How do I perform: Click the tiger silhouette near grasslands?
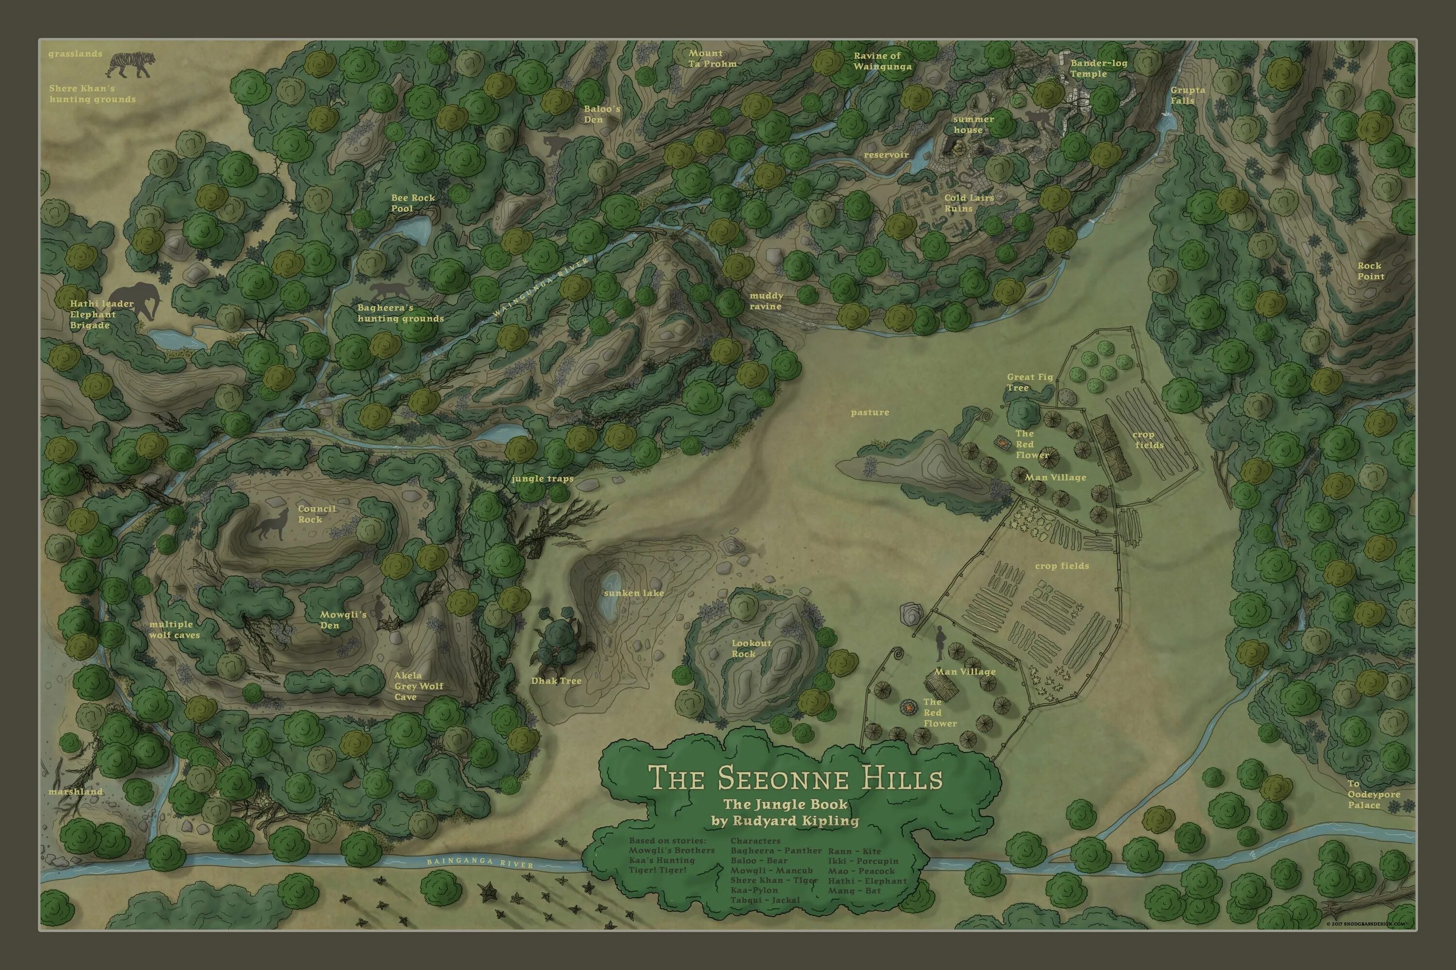(131, 65)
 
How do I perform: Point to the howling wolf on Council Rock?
(270, 525)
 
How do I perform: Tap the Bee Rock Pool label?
(412, 203)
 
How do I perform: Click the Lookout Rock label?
(751, 648)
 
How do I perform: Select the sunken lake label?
(633, 593)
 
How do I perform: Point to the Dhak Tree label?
(556, 681)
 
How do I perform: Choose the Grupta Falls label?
(1187, 95)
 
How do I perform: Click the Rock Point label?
(1371, 271)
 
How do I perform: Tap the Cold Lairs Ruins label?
(968, 203)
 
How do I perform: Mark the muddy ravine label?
(766, 301)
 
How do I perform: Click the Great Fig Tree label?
(1029, 382)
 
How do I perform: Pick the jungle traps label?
(542, 478)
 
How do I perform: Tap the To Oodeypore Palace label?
(1373, 794)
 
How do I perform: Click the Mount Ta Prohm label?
(712, 59)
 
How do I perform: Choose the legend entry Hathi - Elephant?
(867, 880)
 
